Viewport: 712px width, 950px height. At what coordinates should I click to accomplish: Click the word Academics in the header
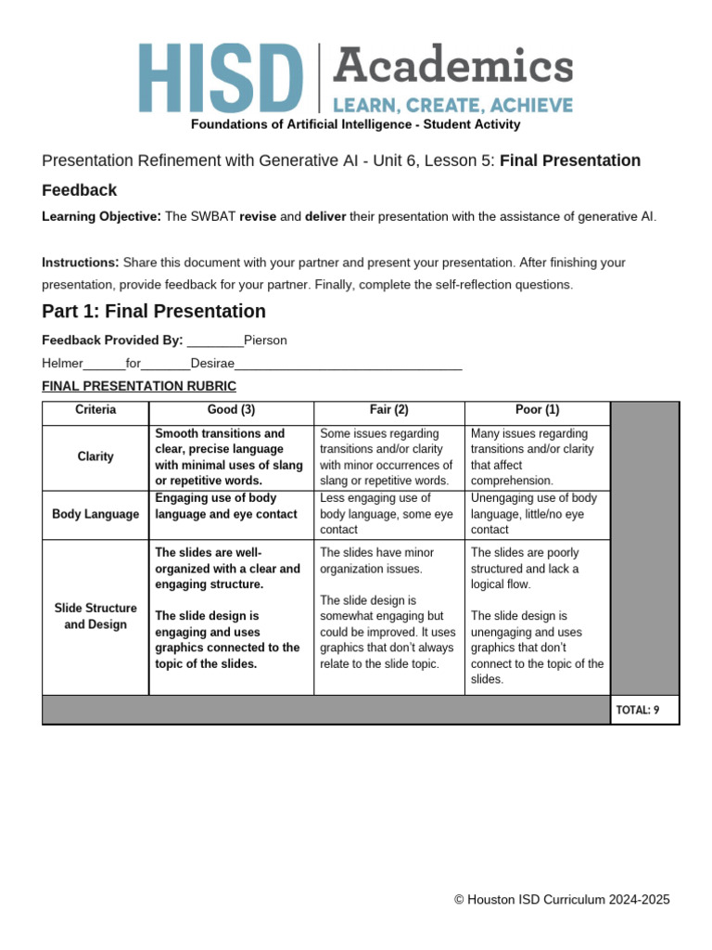pyautogui.click(x=452, y=67)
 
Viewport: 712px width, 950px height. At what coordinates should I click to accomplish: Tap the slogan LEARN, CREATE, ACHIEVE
pyautogui.click(x=452, y=105)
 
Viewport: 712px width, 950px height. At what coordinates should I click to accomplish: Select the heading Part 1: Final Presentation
pyautogui.click(x=154, y=311)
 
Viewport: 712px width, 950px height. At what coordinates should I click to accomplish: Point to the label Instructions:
pyautogui.click(x=81, y=263)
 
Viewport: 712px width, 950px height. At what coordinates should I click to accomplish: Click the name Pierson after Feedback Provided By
pyautogui.click(x=265, y=340)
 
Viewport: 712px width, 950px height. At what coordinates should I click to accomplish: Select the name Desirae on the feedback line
pyautogui.click(x=212, y=363)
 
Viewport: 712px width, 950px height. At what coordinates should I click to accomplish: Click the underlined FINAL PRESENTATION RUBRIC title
pyautogui.click(x=139, y=386)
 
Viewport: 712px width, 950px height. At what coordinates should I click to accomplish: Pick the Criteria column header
pyautogui.click(x=95, y=410)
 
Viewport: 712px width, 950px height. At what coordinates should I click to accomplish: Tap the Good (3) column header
pyautogui.click(x=231, y=410)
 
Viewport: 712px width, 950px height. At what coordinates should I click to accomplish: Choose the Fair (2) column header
pyautogui.click(x=388, y=410)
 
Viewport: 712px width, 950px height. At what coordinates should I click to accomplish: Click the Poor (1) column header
pyautogui.click(x=537, y=410)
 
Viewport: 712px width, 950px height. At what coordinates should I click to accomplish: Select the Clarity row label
pyautogui.click(x=95, y=456)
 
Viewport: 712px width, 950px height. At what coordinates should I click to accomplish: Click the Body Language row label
pyautogui.click(x=95, y=514)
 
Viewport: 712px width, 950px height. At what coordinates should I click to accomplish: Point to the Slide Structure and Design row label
pyautogui.click(x=95, y=616)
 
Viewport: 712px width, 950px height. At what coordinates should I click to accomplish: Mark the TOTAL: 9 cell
pyautogui.click(x=644, y=710)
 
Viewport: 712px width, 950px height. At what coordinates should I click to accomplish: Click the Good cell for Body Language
pyautogui.click(x=231, y=507)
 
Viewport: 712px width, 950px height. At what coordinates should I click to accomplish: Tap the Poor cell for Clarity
pyautogui.click(x=537, y=456)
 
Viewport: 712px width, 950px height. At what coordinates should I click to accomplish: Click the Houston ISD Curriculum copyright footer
pyautogui.click(x=562, y=900)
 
